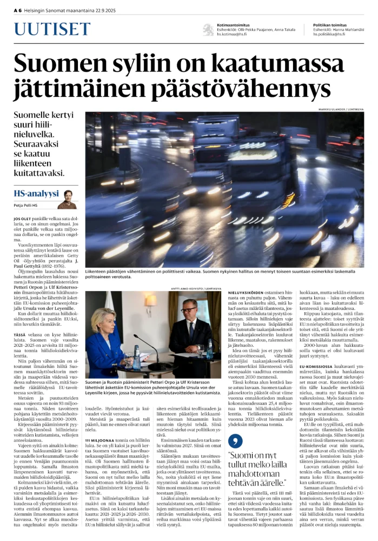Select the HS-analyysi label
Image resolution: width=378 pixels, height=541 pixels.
point(35,194)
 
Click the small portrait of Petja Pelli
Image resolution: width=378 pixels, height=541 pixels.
point(68,198)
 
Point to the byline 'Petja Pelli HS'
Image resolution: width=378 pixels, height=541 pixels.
point(26,206)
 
